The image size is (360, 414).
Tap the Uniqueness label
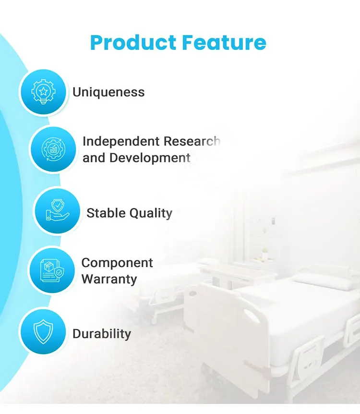click(x=108, y=92)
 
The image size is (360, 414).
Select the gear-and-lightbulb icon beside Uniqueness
click(x=42, y=92)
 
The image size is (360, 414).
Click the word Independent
click(x=120, y=141)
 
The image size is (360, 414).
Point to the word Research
click(x=192, y=141)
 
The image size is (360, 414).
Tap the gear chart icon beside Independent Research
click(x=53, y=150)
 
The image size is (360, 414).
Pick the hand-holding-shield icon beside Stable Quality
click(x=57, y=211)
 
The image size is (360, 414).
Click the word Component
click(x=117, y=263)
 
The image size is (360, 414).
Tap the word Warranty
click(x=109, y=279)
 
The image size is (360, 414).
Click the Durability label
click(x=102, y=334)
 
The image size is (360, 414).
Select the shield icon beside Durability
click(x=42, y=331)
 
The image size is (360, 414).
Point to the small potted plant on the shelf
click(x=264, y=254)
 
